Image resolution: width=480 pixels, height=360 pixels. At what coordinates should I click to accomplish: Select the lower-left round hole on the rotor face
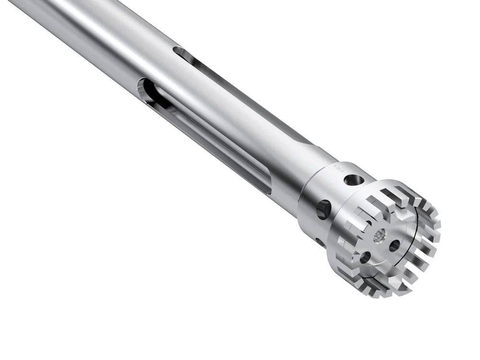point(365,257)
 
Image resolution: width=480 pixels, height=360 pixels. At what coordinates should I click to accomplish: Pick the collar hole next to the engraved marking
point(354,180)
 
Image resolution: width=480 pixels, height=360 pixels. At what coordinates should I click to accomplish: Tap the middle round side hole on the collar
point(323,210)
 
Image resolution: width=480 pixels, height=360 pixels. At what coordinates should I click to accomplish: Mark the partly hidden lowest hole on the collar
point(318,240)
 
